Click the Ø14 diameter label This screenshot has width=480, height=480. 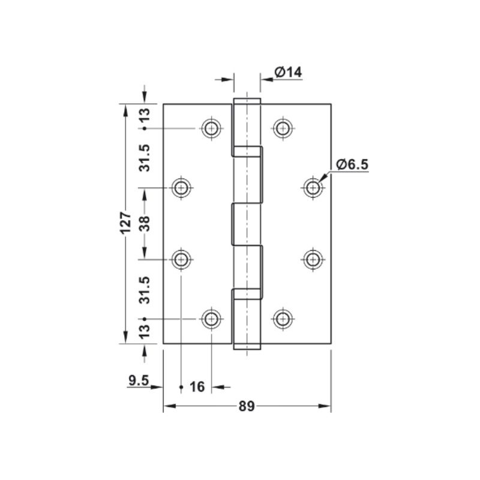pyautogui.click(x=288, y=73)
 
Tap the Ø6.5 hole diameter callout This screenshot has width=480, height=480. pyautogui.click(x=352, y=164)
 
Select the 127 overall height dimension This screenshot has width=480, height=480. pyautogui.click(x=125, y=223)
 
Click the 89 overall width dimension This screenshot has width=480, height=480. pyautogui.click(x=247, y=406)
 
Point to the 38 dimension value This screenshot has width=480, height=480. pyautogui.click(x=145, y=224)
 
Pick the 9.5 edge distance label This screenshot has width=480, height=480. pyautogui.click(x=139, y=380)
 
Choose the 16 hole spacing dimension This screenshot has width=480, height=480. pyautogui.click(x=197, y=387)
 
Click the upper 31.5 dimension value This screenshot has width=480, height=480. pyautogui.click(x=145, y=158)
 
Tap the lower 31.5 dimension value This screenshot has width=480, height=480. pyautogui.click(x=145, y=290)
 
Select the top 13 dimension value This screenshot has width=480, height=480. pyautogui.click(x=145, y=116)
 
